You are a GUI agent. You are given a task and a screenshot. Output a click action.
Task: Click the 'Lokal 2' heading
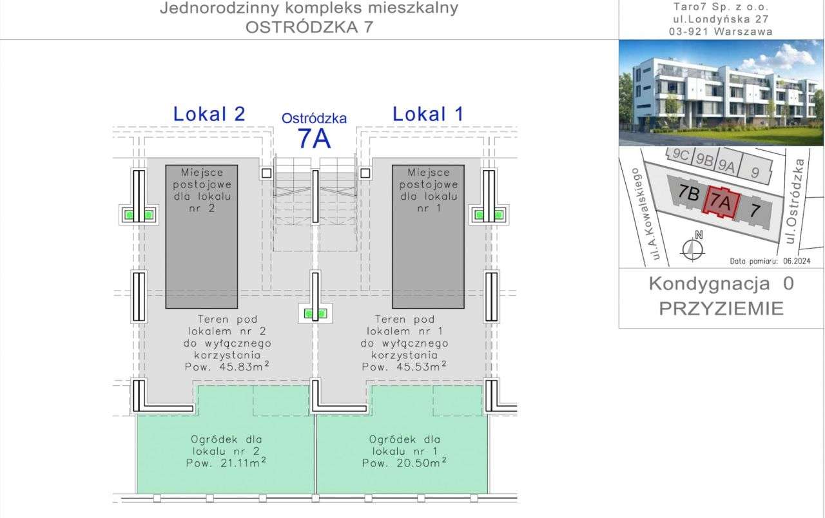point(209,115)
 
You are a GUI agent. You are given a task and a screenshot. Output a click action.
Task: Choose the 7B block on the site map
point(690,194)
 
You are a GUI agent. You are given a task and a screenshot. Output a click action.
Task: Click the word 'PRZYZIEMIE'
point(721,309)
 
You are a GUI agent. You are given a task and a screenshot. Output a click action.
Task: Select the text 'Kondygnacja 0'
point(721,283)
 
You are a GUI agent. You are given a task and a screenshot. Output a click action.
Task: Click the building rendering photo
point(721,93)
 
